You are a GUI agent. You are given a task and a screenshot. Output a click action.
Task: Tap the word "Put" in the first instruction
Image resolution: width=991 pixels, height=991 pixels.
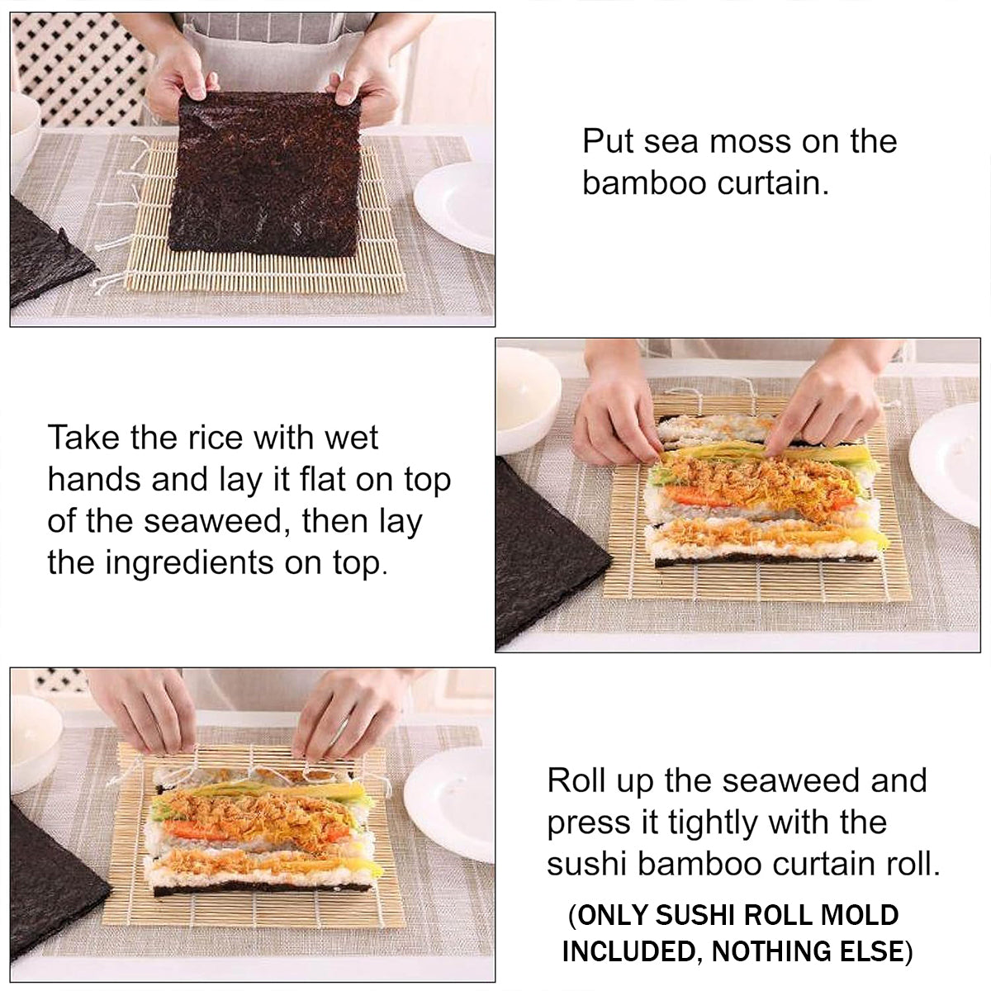click(607, 141)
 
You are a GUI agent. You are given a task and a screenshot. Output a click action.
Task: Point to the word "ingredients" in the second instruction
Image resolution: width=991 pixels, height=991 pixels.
click(190, 564)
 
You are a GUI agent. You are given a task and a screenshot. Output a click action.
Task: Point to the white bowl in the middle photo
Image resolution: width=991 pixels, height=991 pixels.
click(528, 400)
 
